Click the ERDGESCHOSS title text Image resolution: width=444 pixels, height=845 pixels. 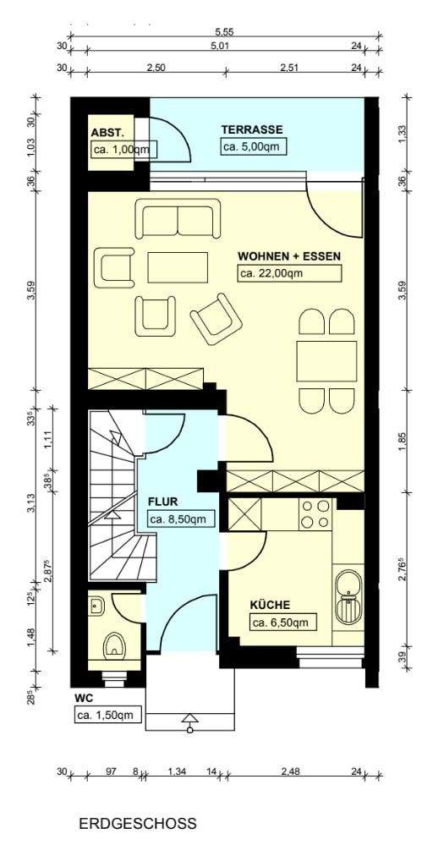137,824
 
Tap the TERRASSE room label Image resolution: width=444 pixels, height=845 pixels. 252,129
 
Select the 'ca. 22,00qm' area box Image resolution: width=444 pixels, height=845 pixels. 289,273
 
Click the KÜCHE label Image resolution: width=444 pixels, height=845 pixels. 270,605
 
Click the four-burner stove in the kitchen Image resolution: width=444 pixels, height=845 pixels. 315,513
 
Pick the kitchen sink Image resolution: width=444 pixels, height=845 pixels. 348,598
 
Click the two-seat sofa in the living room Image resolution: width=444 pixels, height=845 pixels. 178,218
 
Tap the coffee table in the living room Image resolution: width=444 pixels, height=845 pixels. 178,267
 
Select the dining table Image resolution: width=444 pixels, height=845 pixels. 326,361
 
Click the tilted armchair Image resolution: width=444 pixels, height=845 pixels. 216,320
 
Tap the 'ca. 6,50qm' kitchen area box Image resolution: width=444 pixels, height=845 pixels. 282,622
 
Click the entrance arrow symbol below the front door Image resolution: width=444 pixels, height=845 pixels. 189,722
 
